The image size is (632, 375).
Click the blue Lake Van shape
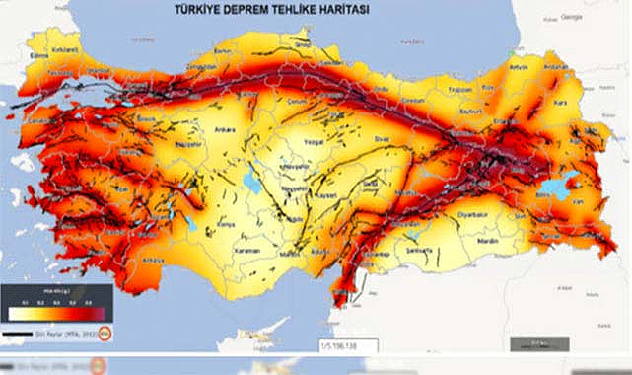tap(565, 184)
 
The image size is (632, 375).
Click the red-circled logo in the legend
tap(106, 335)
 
